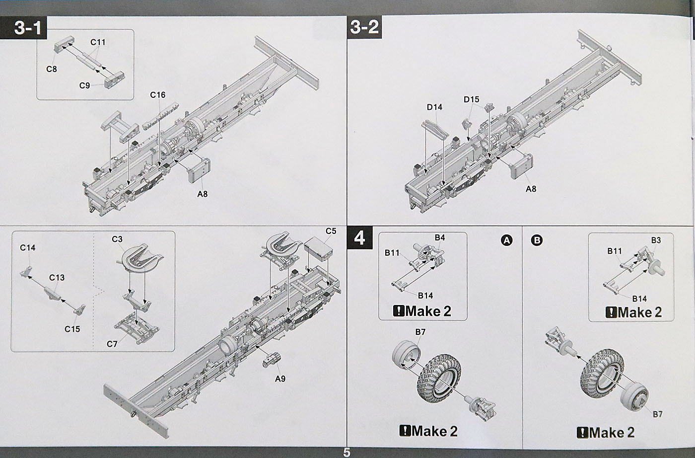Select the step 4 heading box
pyautogui.click(x=359, y=238)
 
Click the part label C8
pyautogui.click(x=52, y=69)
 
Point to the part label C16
pyautogui.click(x=157, y=95)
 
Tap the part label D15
pyautogui.click(x=472, y=99)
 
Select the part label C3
pyautogui.click(x=117, y=239)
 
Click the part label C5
pyautogui.click(x=331, y=231)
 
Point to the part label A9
pyautogui.click(x=280, y=379)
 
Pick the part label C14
pyautogui.click(x=28, y=247)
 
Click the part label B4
pyautogui.click(x=440, y=237)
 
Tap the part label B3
pyautogui.click(x=656, y=240)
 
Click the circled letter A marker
pyautogui.click(x=506, y=240)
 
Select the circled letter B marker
pyautogui.click(x=537, y=240)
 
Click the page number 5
pyautogui.click(x=347, y=453)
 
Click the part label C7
pyautogui.click(x=112, y=344)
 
